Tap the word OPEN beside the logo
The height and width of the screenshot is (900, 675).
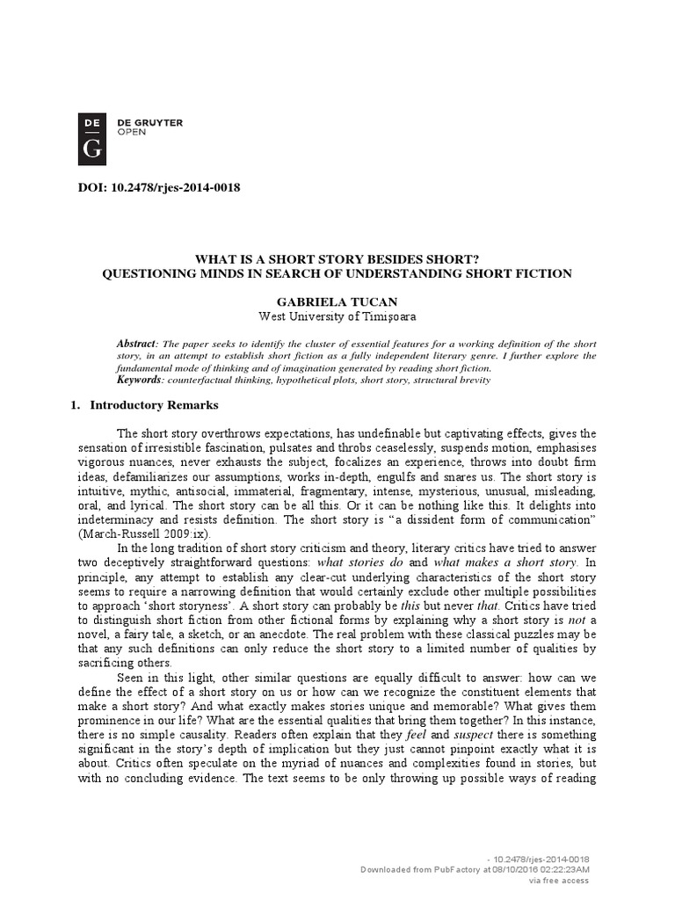(132, 133)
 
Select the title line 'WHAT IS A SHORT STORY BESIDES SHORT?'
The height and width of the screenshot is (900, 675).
(337, 260)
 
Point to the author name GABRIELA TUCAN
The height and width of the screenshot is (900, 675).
(337, 301)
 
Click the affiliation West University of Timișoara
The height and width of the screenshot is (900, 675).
(337, 316)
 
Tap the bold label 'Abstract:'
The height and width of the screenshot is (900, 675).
(138, 343)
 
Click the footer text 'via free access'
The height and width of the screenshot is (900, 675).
(558, 880)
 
